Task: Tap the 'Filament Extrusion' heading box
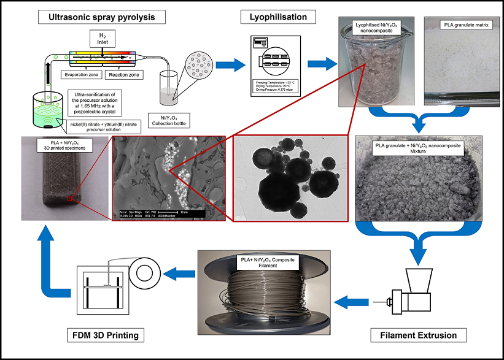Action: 417,335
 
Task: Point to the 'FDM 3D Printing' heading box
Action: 106,335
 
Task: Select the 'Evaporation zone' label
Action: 82,75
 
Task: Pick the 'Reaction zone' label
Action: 125,75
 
